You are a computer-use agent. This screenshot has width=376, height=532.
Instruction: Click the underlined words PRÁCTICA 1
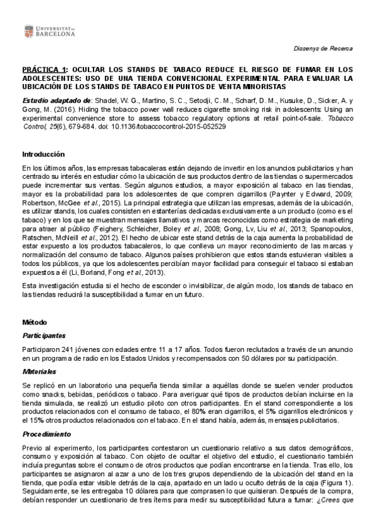[44, 69]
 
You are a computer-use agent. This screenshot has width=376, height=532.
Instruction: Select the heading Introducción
[43, 154]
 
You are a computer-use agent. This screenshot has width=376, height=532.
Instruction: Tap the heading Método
[33, 321]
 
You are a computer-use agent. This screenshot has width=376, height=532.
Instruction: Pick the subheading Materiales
[38, 372]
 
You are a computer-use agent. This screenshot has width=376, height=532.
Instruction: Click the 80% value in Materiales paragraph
[196, 411]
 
